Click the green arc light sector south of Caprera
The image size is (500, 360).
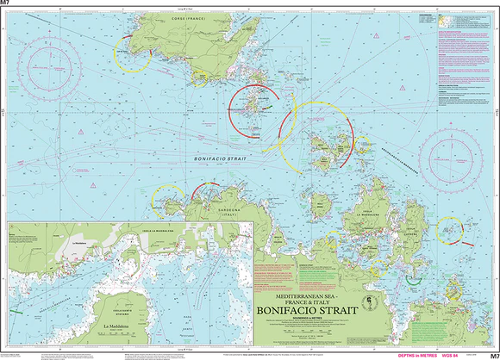pos(414,278)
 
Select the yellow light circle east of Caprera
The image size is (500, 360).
pos(449,229)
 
